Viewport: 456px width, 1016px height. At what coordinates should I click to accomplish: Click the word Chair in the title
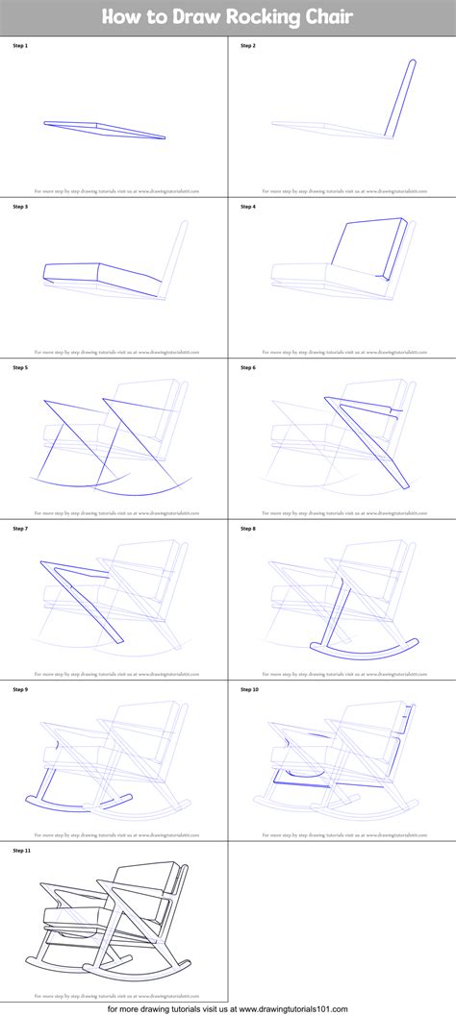(x=327, y=17)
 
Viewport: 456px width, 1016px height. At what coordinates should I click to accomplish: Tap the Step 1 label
(x=20, y=45)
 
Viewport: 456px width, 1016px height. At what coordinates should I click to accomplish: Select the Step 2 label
(x=248, y=45)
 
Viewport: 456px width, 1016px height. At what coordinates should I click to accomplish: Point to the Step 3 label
(x=20, y=207)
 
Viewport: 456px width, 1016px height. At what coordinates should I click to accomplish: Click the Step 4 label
(x=248, y=207)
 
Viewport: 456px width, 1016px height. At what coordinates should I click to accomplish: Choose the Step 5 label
(x=20, y=367)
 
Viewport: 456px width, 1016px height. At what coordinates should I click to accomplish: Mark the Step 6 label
(x=248, y=367)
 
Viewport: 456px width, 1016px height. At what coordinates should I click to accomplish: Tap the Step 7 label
(x=20, y=529)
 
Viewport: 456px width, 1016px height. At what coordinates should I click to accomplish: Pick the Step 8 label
(x=248, y=529)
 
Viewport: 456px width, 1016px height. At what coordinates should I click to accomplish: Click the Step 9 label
(x=20, y=689)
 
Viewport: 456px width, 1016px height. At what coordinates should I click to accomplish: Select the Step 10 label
(x=249, y=689)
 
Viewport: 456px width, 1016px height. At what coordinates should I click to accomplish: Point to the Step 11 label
(x=21, y=851)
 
